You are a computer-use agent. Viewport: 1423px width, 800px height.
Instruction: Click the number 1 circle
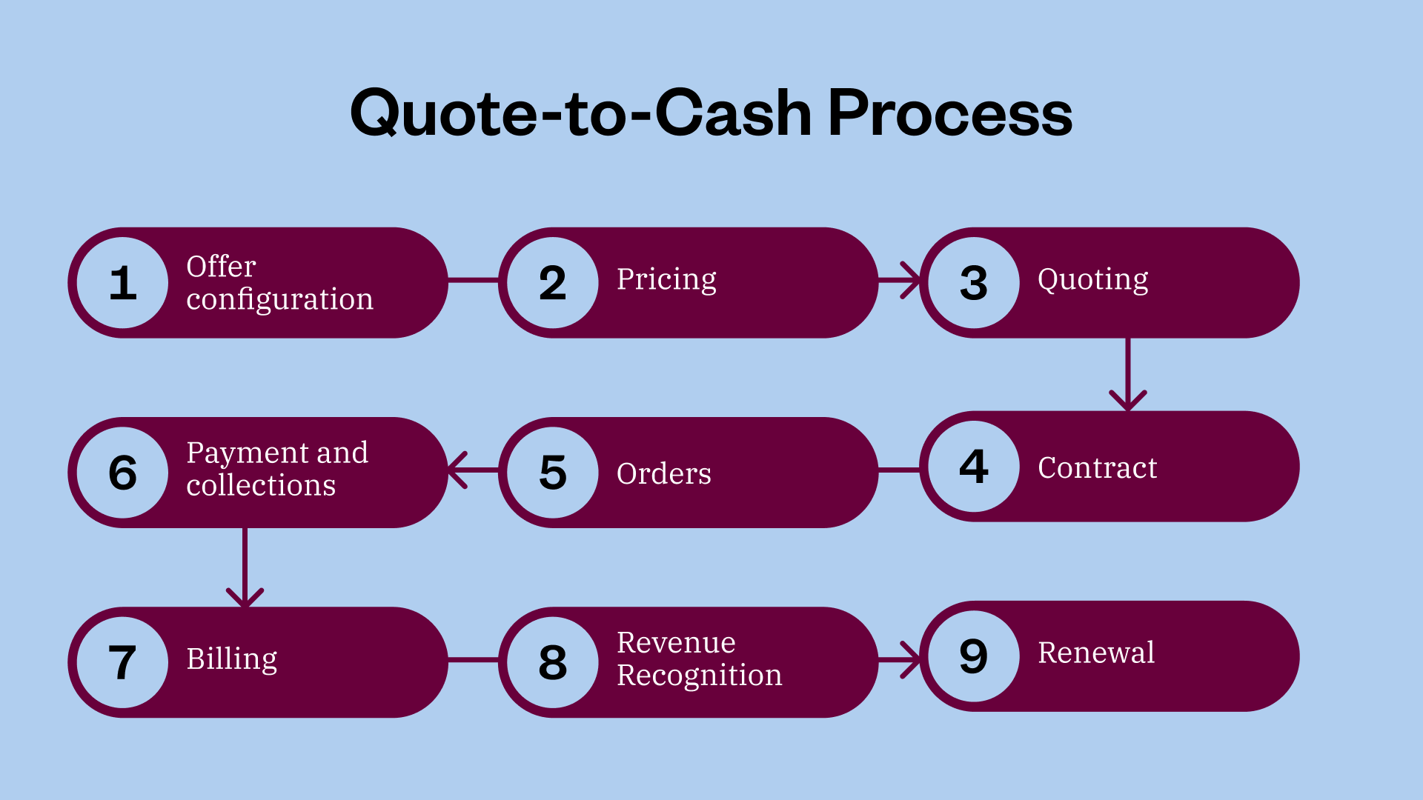pos(123,283)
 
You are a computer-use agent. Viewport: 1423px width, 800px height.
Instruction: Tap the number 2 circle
pos(553,283)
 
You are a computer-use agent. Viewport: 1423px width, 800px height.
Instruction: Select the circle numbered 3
pos(974,283)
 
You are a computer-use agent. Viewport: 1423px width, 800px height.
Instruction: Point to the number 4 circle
pos(974,467)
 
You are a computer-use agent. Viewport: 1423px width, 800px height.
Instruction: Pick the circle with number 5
pos(553,473)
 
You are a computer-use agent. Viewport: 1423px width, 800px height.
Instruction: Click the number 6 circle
pos(123,473)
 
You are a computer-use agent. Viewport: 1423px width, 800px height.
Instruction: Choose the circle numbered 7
pos(123,662)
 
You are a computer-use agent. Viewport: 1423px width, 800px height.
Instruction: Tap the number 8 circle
pos(553,662)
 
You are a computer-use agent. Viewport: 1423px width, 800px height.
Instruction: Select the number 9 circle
pos(974,656)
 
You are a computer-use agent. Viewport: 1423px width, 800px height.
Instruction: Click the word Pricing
pos(666,280)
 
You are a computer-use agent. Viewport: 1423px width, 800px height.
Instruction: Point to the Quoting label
pos(1092,280)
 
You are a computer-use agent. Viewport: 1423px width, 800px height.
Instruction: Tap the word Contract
pos(1097,468)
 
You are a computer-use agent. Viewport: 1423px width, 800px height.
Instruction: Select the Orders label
pos(663,474)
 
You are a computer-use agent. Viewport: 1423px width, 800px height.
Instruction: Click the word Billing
pos(231,659)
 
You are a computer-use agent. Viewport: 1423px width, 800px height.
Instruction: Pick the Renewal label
pos(1095,653)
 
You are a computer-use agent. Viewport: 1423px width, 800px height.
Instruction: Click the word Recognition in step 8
pos(699,676)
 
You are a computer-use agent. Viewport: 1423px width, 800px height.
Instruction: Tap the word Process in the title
pos(949,114)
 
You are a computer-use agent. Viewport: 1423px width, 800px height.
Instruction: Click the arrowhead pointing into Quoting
pos(911,281)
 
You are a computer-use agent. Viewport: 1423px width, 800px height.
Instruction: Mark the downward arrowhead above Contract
pos(1127,401)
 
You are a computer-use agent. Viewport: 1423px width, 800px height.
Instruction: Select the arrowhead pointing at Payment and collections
pos(457,470)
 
